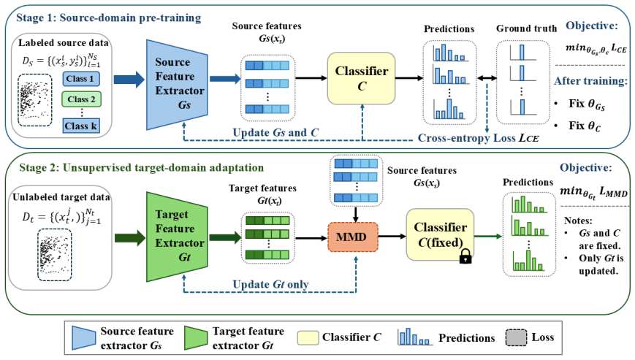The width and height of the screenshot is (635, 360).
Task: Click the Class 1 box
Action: (x=81, y=79)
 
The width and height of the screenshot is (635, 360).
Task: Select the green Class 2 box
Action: (x=81, y=99)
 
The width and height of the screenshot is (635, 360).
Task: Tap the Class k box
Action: (x=81, y=126)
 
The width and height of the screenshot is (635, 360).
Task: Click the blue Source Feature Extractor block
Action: (x=177, y=85)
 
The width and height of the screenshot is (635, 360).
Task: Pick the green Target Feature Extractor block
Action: (x=177, y=237)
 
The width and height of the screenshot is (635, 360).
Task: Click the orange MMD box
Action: (x=353, y=237)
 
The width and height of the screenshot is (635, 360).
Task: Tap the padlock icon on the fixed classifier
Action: (x=465, y=256)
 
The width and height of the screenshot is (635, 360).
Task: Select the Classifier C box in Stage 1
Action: (x=361, y=78)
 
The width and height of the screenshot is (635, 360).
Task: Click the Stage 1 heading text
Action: (x=109, y=18)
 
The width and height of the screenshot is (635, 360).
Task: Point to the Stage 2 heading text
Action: (x=141, y=167)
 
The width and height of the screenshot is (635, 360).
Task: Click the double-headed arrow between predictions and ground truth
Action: (x=487, y=78)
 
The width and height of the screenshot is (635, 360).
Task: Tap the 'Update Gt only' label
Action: (x=270, y=284)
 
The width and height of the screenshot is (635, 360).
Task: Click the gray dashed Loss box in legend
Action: (x=517, y=338)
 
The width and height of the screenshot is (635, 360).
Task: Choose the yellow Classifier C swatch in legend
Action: (x=308, y=338)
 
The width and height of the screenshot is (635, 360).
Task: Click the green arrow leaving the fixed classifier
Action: (x=488, y=236)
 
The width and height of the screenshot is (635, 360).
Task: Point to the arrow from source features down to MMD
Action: (x=356, y=215)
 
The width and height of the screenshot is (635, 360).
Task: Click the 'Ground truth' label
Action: (x=526, y=28)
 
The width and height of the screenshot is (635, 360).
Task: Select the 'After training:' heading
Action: (x=591, y=81)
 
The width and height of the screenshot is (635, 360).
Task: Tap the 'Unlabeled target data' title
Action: (x=61, y=197)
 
